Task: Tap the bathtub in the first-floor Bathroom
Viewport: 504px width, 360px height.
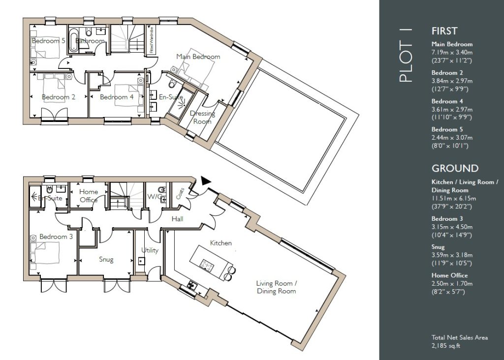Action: click(73, 40)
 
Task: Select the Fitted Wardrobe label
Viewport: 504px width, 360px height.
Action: click(152, 40)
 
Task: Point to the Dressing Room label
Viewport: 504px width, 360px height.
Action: click(202, 117)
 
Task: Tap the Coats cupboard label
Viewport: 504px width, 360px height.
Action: click(180, 193)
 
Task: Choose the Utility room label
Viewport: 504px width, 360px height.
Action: click(150, 250)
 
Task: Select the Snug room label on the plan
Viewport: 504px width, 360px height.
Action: click(106, 259)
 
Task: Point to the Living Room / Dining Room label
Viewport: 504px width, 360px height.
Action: click(277, 287)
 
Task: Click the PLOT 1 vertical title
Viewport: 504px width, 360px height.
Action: click(405, 55)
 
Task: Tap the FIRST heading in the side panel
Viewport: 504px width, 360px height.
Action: click(444, 31)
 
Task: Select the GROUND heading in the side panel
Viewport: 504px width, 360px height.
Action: click(455, 168)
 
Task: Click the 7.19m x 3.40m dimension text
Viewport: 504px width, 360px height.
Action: click(452, 52)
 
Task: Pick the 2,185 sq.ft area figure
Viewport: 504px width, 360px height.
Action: click(446, 346)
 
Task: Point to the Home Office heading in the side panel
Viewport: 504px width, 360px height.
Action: click(450, 275)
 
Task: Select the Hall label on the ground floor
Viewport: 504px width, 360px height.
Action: click(177, 219)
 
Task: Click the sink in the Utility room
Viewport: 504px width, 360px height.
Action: click(141, 261)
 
